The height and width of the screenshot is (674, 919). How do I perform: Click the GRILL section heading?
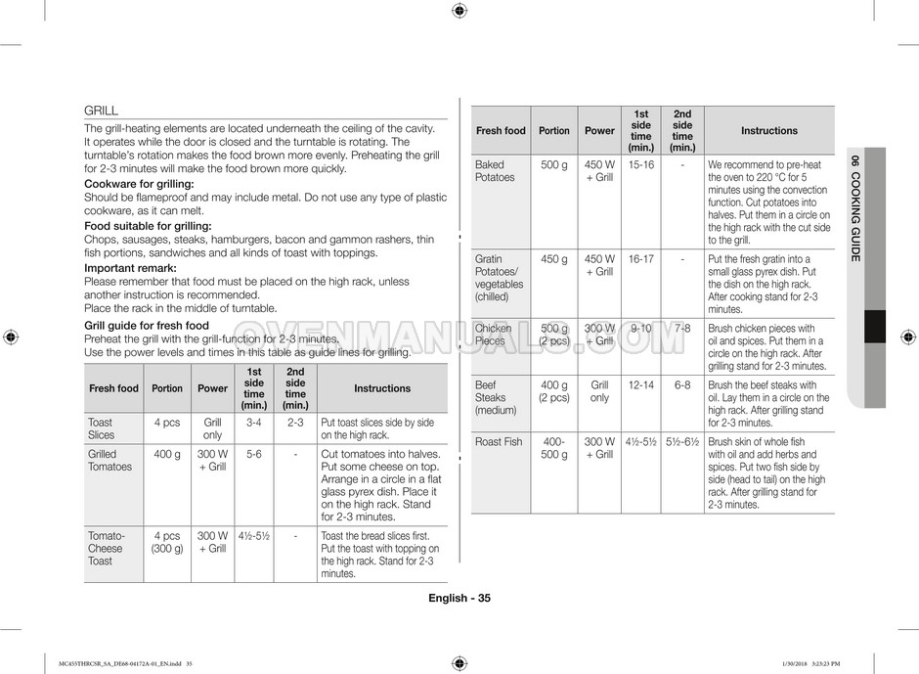coord(101,111)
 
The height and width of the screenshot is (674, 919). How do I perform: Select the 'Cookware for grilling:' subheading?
coord(139,184)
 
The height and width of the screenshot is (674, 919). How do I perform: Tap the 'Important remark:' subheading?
coord(130,268)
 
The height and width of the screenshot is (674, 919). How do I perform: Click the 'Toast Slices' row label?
coord(102,428)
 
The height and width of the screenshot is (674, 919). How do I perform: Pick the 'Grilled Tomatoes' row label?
coord(109,460)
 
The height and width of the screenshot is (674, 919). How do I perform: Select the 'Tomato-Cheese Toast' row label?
coord(107,548)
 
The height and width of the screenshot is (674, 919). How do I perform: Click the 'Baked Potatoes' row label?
coord(495,171)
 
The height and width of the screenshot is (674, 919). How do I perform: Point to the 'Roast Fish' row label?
coord(499,442)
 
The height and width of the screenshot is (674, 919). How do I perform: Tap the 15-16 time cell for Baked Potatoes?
coord(641,164)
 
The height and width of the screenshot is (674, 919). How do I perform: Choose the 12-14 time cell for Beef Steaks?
coord(641,385)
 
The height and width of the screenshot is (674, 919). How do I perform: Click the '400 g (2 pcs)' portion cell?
coord(553,391)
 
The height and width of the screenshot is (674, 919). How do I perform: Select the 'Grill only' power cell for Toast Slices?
coord(212,428)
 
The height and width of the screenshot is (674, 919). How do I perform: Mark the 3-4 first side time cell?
coord(254,423)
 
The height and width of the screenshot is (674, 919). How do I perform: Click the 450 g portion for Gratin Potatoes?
coord(553,259)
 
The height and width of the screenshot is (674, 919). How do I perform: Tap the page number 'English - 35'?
coord(459,599)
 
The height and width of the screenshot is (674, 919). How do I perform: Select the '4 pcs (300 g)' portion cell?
coord(167,542)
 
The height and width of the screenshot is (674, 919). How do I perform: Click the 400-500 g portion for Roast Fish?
coord(553,448)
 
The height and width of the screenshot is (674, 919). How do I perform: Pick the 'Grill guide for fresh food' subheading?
coord(147,325)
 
